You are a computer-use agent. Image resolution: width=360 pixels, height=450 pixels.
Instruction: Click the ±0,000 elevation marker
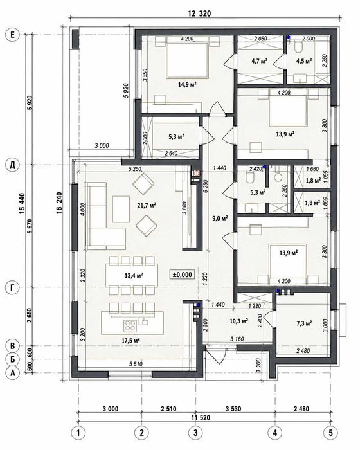click(x=182, y=274)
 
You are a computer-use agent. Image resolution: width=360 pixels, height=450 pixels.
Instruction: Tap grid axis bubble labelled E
click(x=12, y=35)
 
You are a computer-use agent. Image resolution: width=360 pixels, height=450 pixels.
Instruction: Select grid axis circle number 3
click(x=195, y=432)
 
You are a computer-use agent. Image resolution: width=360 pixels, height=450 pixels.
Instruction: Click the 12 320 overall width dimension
click(x=199, y=14)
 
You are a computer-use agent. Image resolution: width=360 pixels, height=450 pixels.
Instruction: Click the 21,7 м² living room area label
click(x=147, y=205)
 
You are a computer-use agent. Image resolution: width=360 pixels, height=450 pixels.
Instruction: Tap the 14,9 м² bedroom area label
click(x=187, y=84)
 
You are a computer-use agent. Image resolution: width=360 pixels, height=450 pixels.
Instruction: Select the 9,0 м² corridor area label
click(x=220, y=218)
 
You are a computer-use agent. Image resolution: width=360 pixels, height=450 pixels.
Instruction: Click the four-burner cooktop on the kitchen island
click(x=130, y=326)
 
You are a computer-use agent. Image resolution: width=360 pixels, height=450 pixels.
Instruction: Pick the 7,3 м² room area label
click(x=304, y=323)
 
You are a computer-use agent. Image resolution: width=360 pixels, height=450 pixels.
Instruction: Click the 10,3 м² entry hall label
click(x=239, y=321)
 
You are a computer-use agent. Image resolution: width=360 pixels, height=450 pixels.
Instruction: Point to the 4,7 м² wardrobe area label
click(x=259, y=60)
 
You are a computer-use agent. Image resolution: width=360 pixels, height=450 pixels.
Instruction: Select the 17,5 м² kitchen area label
click(x=130, y=341)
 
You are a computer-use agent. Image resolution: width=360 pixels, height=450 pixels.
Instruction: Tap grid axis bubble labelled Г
click(x=12, y=288)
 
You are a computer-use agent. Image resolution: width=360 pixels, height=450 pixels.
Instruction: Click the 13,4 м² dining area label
click(x=134, y=276)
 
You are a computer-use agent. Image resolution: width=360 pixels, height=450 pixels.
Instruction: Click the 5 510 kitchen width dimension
click(x=136, y=364)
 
